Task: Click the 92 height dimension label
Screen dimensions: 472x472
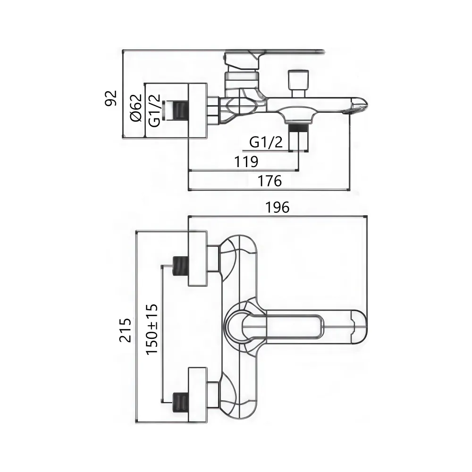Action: click(110, 98)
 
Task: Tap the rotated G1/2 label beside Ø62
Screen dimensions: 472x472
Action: click(154, 111)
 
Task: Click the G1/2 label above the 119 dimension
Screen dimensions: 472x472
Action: click(266, 142)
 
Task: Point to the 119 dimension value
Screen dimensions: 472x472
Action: click(246, 161)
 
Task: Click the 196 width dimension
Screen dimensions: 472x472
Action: click(278, 207)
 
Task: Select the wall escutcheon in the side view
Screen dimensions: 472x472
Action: click(198, 111)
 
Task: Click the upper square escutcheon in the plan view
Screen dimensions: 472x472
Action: click(198, 259)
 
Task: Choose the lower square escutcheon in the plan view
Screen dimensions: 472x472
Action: click(198, 395)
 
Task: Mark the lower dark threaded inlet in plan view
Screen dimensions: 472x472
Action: click(180, 401)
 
